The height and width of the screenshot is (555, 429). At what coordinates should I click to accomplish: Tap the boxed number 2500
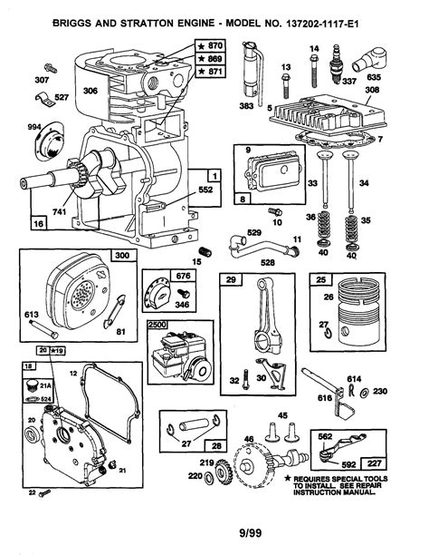coord(157,323)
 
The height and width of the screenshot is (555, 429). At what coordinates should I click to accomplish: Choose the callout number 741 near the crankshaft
coord(63,210)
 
